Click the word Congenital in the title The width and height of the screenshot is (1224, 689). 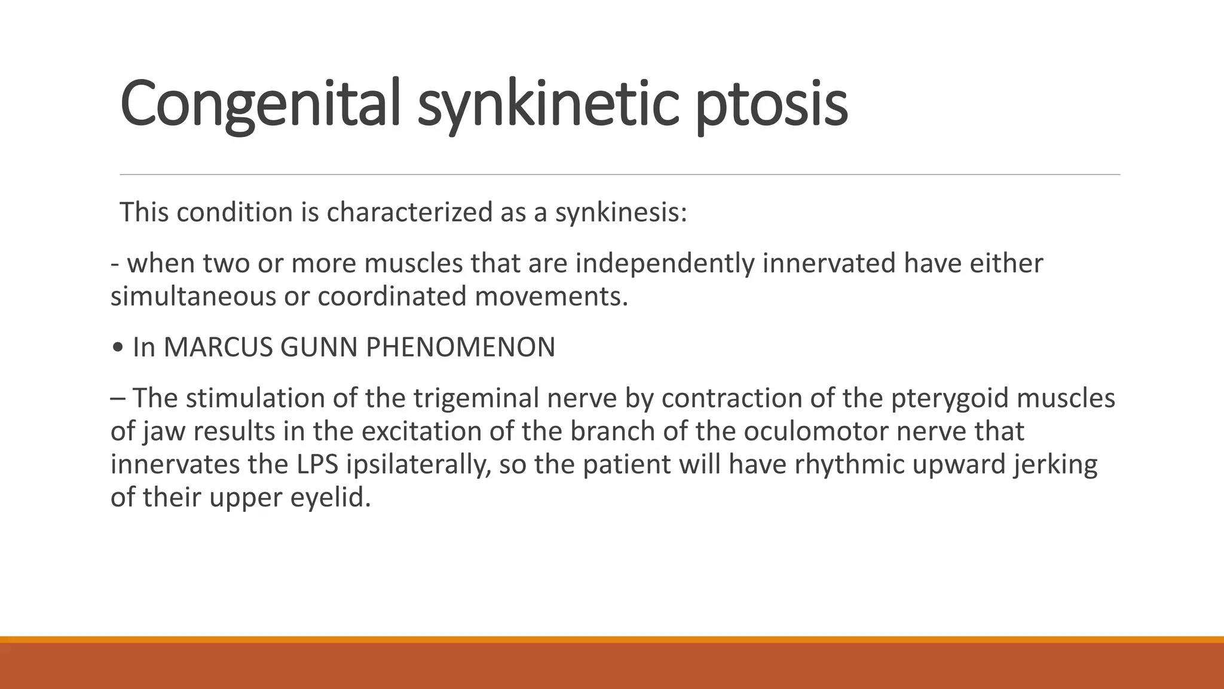pyautogui.click(x=259, y=103)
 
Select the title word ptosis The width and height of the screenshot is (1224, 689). pyautogui.click(x=772, y=103)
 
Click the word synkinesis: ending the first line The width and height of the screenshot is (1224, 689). pyautogui.click(x=621, y=212)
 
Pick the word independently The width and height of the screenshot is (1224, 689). pyautogui.click(x=665, y=263)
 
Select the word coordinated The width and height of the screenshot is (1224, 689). pyautogui.click(x=391, y=297)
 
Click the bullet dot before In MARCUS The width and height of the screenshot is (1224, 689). pyautogui.click(x=118, y=347)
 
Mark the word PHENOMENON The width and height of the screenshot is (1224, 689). pyautogui.click(x=460, y=347)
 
